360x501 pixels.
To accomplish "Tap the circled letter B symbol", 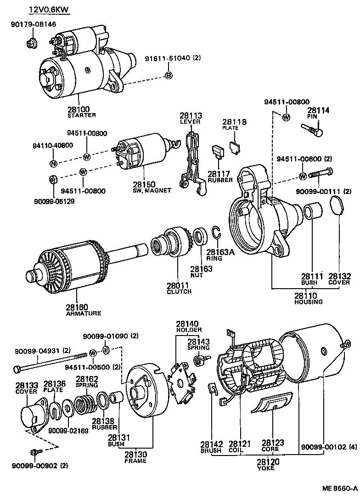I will (x=169, y=75).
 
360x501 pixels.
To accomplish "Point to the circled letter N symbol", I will (x=53, y=163).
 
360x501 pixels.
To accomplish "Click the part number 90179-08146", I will (x=33, y=24).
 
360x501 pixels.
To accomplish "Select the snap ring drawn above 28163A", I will (x=216, y=233).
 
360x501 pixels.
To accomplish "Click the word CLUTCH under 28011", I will (x=179, y=291).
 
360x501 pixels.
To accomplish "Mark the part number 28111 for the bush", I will (x=312, y=276).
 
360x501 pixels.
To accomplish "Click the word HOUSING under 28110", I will (x=308, y=302).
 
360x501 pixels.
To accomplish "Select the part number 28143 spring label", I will (x=198, y=342).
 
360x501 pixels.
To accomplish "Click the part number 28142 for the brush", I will (x=211, y=444).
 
